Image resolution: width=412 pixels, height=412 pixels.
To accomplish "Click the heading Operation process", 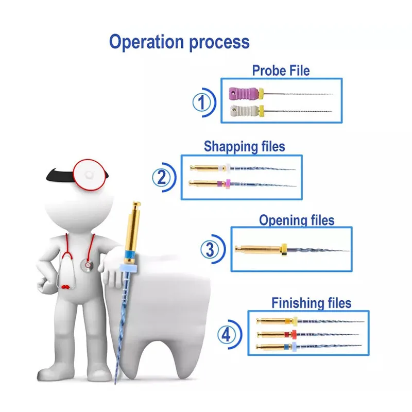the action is coord(179,42).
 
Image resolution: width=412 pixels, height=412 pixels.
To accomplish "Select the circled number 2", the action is coord(161,178).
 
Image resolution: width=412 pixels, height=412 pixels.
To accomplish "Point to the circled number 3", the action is coord(210,250).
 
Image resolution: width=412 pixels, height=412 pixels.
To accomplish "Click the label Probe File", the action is coord(281,70).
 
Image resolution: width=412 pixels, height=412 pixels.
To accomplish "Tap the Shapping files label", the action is coord(244,146).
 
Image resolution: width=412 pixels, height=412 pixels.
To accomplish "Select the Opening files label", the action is coord(296,220).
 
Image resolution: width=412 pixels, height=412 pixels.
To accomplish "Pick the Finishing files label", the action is coord(311,302).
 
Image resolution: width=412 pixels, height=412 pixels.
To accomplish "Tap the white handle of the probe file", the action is coord(243,110).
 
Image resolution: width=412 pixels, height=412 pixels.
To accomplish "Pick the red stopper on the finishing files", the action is coord(294,334).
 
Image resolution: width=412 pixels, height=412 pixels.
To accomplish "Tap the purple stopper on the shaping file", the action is coord(225,182).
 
